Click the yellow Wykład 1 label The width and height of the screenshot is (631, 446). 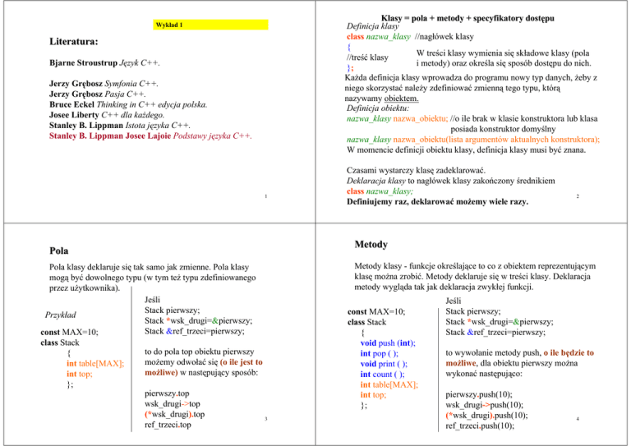[x=169, y=25]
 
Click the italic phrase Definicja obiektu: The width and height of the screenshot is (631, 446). [x=385, y=108]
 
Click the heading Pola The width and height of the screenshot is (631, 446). [x=59, y=251]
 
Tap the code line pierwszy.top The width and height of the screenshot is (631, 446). [x=166, y=393]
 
